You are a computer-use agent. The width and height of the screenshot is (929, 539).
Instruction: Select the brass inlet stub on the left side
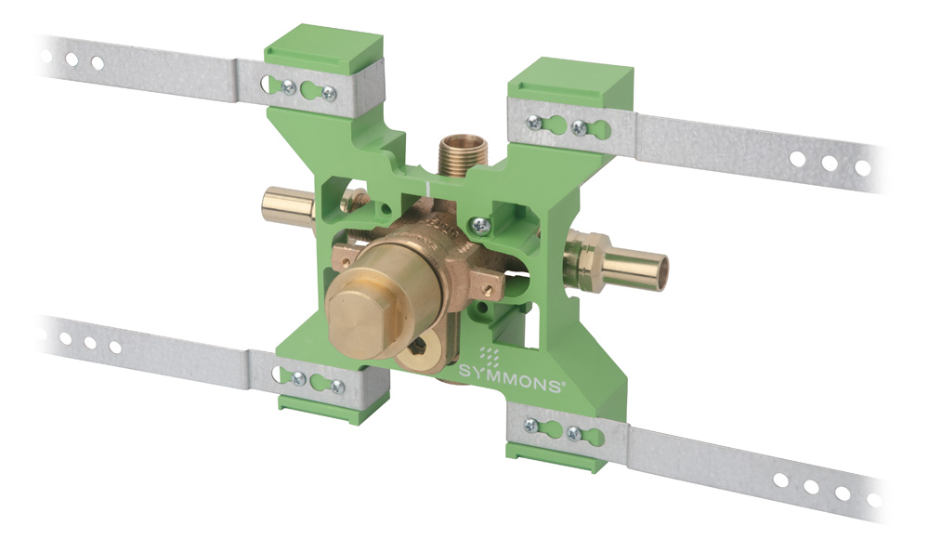pos(289,205)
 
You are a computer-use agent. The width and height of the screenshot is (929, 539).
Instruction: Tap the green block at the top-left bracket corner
pos(323,50)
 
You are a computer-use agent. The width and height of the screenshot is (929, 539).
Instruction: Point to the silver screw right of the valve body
pos(480,225)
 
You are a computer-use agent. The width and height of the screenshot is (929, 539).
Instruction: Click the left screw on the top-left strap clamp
pos(289,87)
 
